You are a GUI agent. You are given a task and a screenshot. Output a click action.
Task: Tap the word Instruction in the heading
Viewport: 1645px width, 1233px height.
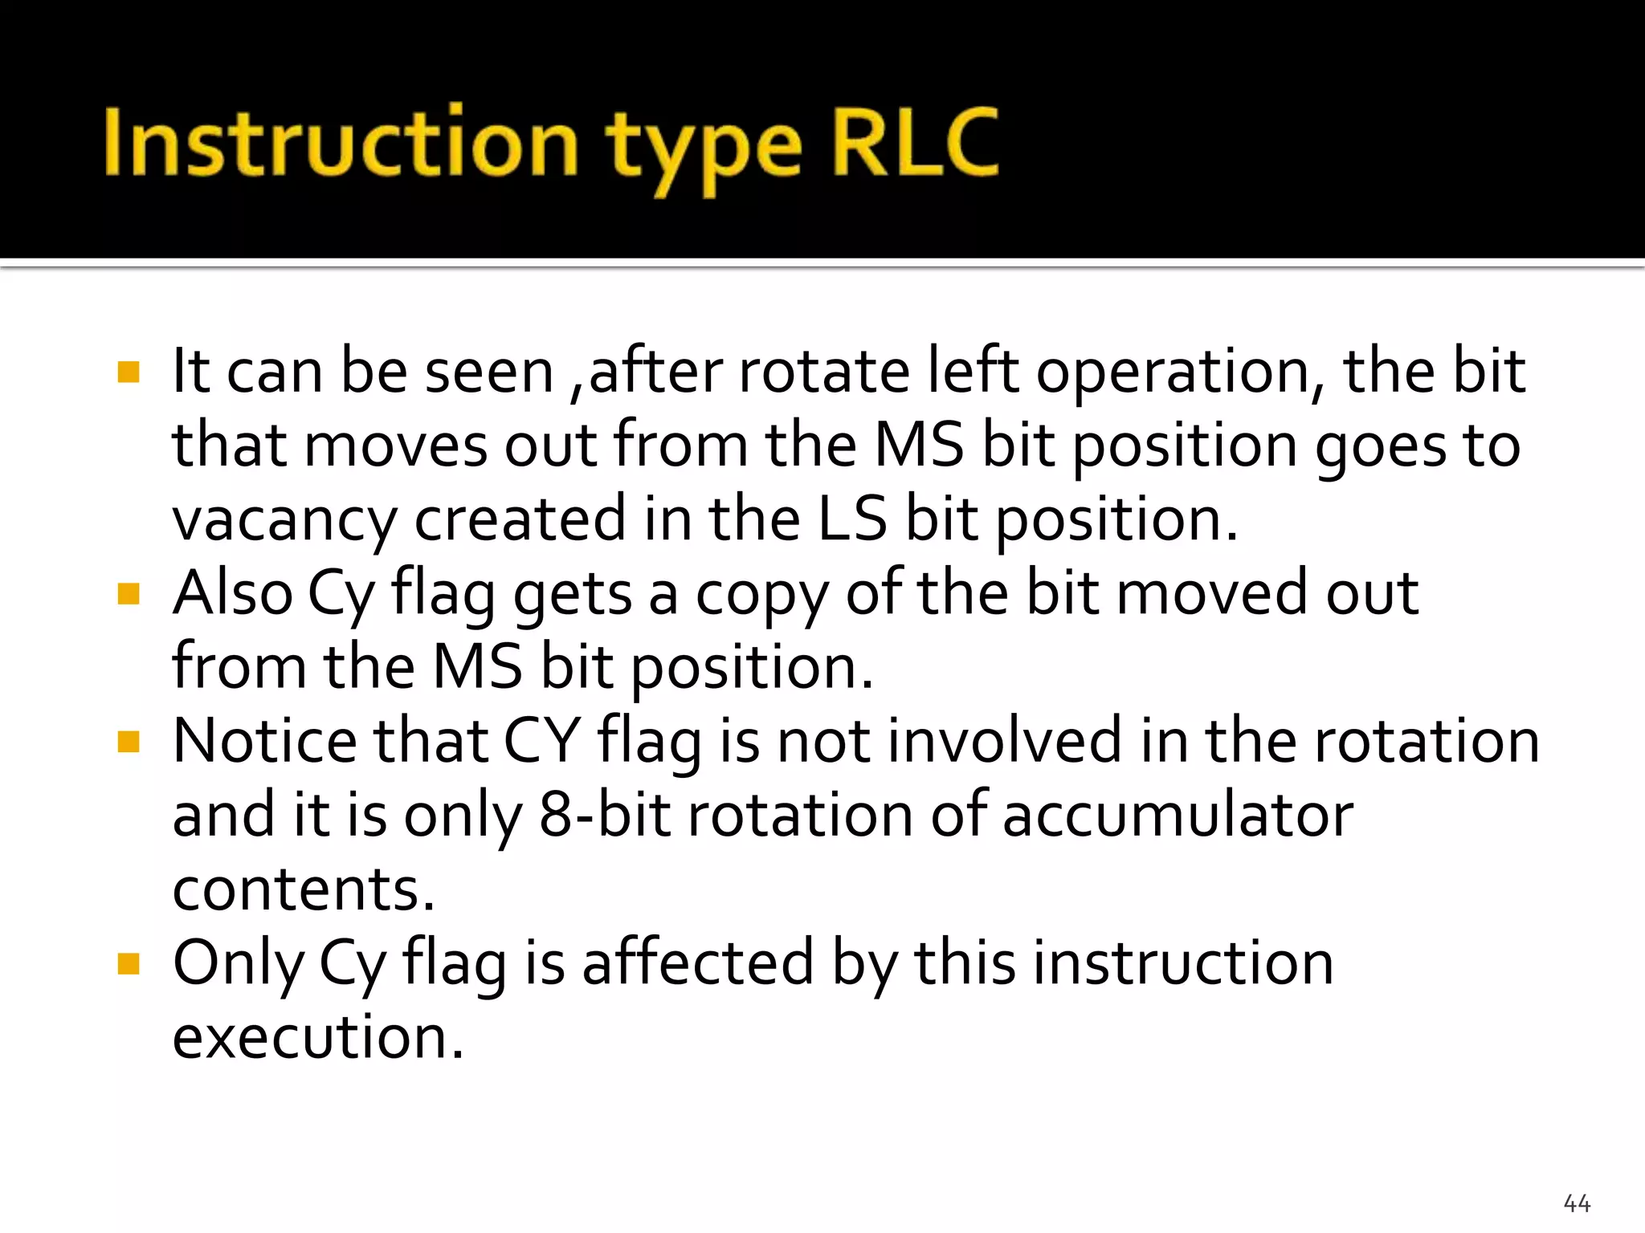(341, 143)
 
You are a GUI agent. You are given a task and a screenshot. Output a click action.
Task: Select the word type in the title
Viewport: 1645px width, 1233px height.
(704, 149)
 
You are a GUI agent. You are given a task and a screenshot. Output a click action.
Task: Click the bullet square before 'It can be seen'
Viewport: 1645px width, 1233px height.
(129, 372)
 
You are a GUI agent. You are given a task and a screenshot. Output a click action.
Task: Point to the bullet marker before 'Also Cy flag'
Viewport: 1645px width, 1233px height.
(129, 594)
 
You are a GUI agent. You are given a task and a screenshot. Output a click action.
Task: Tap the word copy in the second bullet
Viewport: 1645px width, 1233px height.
(761, 596)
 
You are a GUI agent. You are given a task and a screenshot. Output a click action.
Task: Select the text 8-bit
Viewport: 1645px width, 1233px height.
(604, 815)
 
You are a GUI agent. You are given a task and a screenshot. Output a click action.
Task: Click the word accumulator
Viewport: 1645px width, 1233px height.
(1178, 815)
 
